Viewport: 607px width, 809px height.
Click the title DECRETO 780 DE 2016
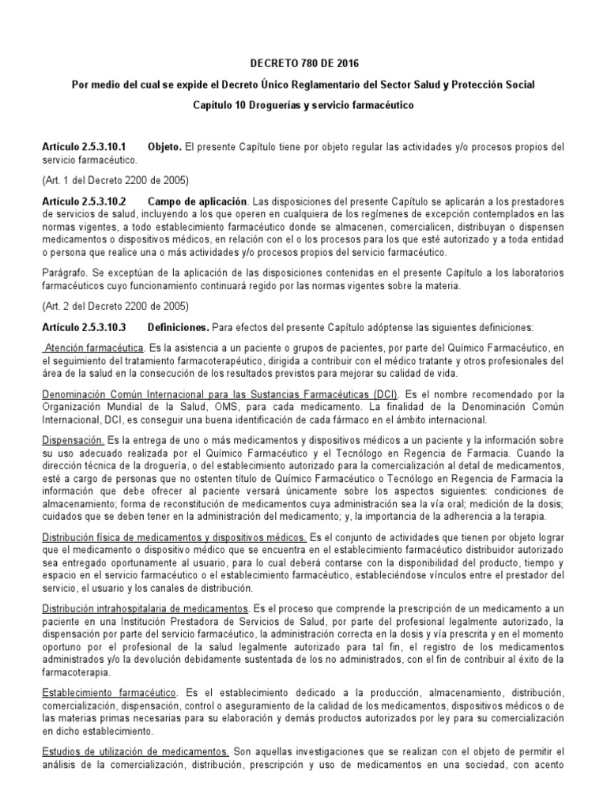(x=303, y=63)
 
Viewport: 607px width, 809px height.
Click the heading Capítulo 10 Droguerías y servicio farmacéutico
(x=303, y=104)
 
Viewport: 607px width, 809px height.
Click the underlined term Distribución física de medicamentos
(x=175, y=537)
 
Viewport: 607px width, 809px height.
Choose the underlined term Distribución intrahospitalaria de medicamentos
(x=145, y=608)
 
